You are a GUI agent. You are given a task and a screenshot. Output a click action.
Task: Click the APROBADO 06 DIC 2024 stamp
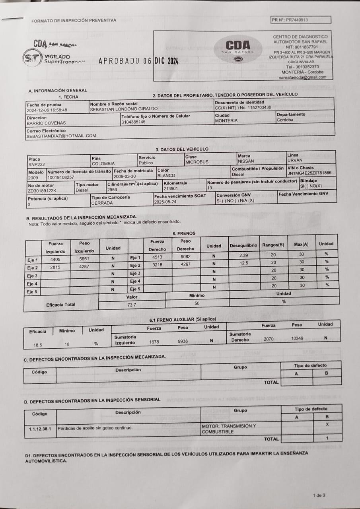click(138, 61)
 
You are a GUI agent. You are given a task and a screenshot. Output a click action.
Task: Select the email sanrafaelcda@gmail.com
click(302, 78)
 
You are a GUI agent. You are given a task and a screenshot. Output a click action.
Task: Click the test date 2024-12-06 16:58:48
click(47, 110)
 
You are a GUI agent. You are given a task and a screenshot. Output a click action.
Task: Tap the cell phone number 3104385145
click(133, 122)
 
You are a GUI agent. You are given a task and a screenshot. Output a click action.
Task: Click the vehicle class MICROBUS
click(197, 162)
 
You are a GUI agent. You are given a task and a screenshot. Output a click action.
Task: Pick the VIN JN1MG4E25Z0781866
click(309, 173)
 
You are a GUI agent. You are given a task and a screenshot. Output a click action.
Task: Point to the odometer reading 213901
click(171, 188)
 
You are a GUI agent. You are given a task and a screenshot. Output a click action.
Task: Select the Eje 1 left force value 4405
click(55, 259)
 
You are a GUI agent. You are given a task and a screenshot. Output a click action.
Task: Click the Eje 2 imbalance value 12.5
click(244, 263)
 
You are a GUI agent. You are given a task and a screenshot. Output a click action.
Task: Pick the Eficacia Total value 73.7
click(132, 305)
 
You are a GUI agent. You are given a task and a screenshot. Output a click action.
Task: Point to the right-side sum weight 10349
click(297, 338)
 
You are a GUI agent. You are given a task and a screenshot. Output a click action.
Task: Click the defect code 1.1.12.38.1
click(40, 429)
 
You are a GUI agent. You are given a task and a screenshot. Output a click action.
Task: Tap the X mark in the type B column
click(327, 424)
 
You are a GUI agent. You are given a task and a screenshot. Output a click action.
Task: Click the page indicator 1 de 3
click(319, 495)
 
